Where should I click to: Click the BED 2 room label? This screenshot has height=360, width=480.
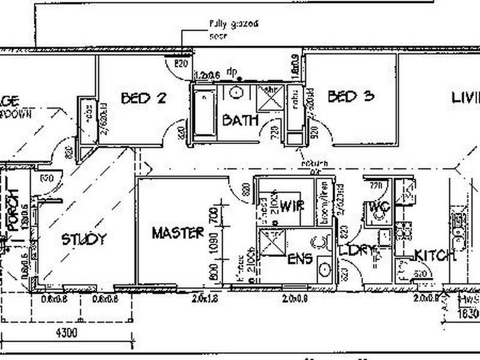pyautogui.click(x=143, y=98)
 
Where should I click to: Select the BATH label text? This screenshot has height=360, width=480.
pyautogui.click(x=240, y=120)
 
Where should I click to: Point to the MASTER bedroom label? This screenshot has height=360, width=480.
pyautogui.click(x=178, y=233)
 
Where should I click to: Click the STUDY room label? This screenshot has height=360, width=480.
pyautogui.click(x=85, y=239)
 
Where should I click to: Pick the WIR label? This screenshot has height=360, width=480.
pyautogui.click(x=292, y=206)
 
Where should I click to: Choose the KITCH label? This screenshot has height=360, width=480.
pyautogui.click(x=435, y=256)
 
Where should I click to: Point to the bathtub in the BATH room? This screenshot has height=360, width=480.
pyautogui.click(x=205, y=114)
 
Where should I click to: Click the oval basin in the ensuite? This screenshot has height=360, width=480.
pyautogui.click(x=323, y=268)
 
